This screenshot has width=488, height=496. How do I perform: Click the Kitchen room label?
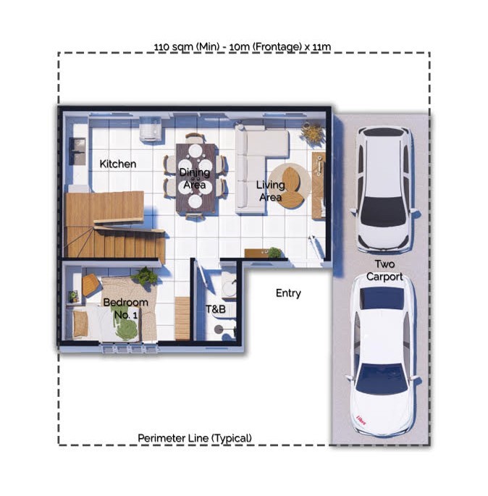pyautogui.click(x=117, y=164)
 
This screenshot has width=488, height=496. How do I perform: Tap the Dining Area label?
pyautogui.click(x=195, y=178)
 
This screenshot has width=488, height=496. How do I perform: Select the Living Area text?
pyautogui.click(x=270, y=190)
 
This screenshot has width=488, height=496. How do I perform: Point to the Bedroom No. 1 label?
pyautogui.click(x=125, y=308)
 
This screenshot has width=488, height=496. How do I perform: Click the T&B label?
pyautogui.click(x=215, y=309)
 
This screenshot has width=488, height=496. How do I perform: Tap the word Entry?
pyautogui.click(x=288, y=293)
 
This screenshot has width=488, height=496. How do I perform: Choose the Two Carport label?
pyautogui.click(x=384, y=271)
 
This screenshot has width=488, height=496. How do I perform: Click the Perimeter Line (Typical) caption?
pyautogui.click(x=195, y=438)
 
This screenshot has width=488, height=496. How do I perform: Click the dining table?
pyautogui.click(x=195, y=178)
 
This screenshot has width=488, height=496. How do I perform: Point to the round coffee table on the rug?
pyautogui.click(x=291, y=188)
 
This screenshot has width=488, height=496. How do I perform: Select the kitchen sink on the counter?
pyautogui.click(x=77, y=151)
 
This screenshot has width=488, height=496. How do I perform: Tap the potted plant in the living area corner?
pyautogui.click(x=313, y=133)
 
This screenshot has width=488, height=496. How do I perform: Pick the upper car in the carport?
pyautogui.click(x=384, y=189)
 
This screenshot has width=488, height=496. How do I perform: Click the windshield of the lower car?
pyautogui.click(x=382, y=378)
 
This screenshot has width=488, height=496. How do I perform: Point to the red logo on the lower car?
pyautogui.click(x=361, y=421)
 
